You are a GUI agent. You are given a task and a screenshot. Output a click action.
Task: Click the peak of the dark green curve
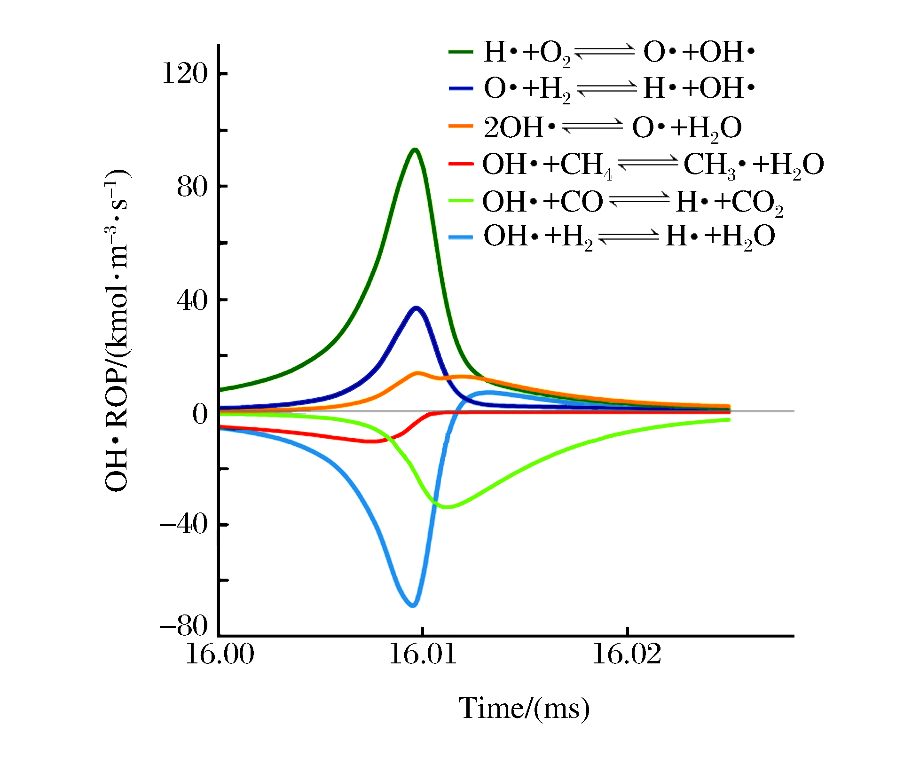[x=415, y=150]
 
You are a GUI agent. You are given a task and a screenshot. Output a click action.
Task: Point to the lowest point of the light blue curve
[x=413, y=605]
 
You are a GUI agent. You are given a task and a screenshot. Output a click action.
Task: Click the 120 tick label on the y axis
[x=184, y=74]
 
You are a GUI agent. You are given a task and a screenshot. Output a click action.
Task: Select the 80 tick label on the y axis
[x=192, y=187]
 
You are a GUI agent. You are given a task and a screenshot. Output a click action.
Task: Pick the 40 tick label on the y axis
[x=192, y=300]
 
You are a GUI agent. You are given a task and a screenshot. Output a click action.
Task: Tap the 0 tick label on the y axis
[x=200, y=414]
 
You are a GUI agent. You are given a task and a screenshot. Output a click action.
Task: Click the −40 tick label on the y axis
[x=184, y=524]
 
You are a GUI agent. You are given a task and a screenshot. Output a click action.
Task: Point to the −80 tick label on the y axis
[x=184, y=626]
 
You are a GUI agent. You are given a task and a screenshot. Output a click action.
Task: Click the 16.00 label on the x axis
[x=220, y=654]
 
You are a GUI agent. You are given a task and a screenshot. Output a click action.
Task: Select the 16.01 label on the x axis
[x=423, y=654]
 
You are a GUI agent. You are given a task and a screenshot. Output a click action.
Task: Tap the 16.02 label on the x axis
[x=627, y=654]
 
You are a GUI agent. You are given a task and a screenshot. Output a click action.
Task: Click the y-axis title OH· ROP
[x=116, y=331]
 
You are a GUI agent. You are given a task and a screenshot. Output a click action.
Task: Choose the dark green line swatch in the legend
[x=461, y=52]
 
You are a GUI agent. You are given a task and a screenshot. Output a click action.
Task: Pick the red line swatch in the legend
[x=461, y=164]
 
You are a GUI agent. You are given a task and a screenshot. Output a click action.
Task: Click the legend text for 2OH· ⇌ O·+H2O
[x=613, y=127]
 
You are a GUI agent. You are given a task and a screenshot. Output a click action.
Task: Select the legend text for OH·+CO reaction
[x=632, y=202]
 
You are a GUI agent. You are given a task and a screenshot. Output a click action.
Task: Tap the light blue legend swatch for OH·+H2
[x=461, y=236]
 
